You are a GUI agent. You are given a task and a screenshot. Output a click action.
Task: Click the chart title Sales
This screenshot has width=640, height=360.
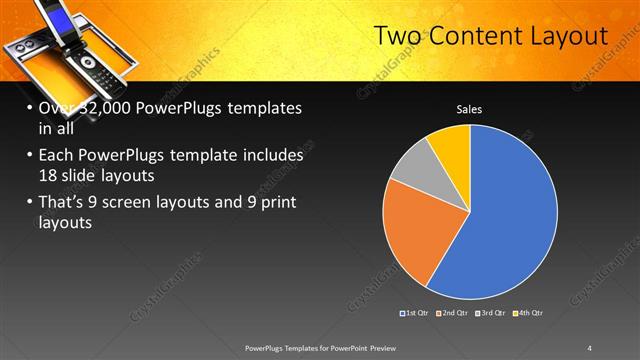pos(471,108)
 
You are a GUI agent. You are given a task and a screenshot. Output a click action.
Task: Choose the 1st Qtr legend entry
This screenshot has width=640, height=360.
pos(414,314)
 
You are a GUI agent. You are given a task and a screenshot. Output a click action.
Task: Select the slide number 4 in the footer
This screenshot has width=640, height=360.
pos(589,347)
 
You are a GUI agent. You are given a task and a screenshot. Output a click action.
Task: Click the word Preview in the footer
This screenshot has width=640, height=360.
pos(386,347)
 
